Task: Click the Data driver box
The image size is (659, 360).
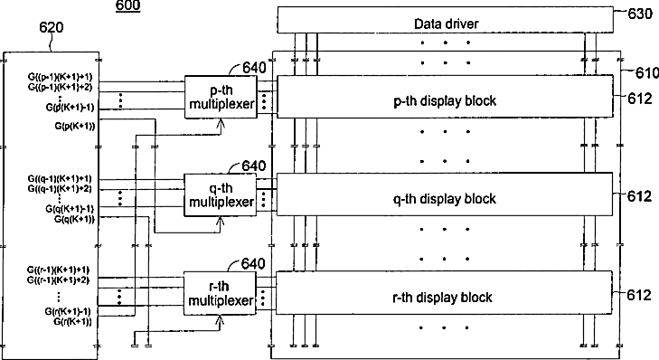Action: pyautogui.click(x=445, y=20)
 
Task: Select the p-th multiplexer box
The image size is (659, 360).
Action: pyautogui.click(x=221, y=97)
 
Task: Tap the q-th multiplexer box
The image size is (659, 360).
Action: pyautogui.click(x=221, y=195)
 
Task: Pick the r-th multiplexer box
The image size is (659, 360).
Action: pyautogui.click(x=220, y=293)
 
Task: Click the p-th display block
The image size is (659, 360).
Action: pyautogui.click(x=445, y=96)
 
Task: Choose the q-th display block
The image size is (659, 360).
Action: pyautogui.click(x=445, y=194)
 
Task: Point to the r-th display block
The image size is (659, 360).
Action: pyautogui.click(x=444, y=293)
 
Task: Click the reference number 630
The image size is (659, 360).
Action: pyautogui.click(x=640, y=14)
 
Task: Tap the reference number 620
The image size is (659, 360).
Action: pyautogui.click(x=52, y=27)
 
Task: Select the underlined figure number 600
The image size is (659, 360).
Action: pyautogui.click(x=127, y=6)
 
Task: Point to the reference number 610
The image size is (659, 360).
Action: pyautogui.click(x=647, y=72)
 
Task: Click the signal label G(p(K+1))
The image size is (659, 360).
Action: pyautogui.click(x=75, y=126)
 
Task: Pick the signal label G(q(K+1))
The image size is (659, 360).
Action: pyautogui.click(x=74, y=219)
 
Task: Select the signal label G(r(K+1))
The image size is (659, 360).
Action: pyautogui.click(x=72, y=322)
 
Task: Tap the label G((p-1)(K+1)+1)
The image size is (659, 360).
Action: pyautogui.click(x=60, y=77)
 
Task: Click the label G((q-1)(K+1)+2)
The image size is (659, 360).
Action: pyautogui.click(x=60, y=189)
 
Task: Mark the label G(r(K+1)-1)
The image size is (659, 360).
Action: pyautogui.click(x=68, y=312)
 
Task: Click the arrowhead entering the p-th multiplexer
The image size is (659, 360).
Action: pyautogui.click(x=221, y=122)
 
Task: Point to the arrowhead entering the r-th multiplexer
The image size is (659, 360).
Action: pyautogui.click(x=220, y=319)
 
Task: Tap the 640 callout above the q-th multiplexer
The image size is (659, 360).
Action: pyautogui.click(x=254, y=166)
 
